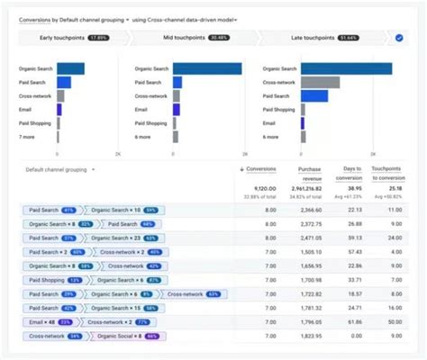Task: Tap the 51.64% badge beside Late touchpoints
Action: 372,38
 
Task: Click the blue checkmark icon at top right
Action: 399,38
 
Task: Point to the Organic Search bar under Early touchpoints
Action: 70,68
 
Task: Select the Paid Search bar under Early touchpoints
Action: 63,82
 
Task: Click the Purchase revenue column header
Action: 309,173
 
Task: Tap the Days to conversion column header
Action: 352,173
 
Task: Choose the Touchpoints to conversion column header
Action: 387,173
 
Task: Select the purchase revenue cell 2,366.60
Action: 309,209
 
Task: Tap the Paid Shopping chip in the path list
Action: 50,280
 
